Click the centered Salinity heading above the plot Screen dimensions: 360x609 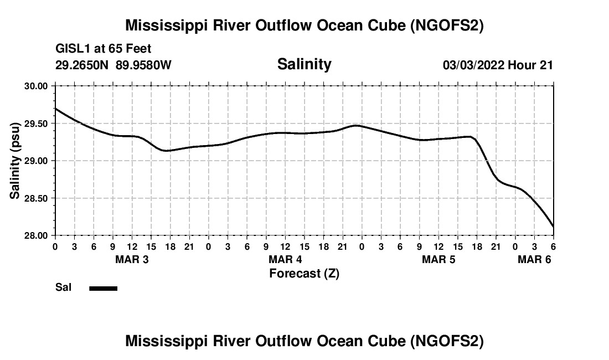304,64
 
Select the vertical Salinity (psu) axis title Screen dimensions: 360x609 15,161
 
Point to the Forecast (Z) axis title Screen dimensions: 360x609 304,273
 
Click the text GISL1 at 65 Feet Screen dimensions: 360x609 103,49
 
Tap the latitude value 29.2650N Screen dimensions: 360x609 82,65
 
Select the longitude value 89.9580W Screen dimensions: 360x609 143,65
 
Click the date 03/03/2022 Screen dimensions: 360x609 473,65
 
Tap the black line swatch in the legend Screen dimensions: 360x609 103,288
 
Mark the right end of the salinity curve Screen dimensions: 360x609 553,227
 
